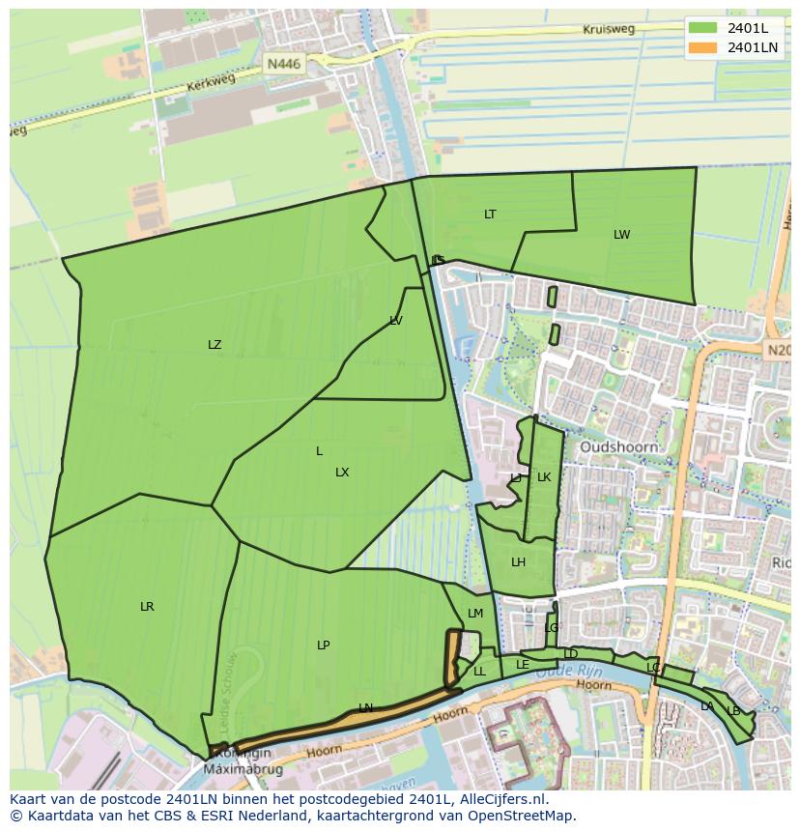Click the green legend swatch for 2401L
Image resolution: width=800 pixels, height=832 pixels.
coord(703,28)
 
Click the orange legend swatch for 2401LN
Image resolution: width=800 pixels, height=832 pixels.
coord(703,47)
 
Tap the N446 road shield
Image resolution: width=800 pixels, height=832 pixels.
coord(284,64)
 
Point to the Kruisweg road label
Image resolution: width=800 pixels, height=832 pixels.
coord(609,29)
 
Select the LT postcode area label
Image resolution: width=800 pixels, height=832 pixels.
coord(490,215)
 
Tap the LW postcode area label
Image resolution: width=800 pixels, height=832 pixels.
coord(621,235)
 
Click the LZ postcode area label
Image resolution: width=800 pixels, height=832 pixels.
coord(214,345)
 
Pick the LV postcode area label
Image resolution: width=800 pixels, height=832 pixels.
coord(396,321)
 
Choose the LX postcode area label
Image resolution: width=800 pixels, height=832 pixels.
coord(342,473)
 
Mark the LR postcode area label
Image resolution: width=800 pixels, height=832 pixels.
coord(147,607)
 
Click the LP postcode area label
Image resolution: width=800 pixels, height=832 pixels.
coord(323,646)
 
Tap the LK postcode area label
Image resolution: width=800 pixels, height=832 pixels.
coord(544,477)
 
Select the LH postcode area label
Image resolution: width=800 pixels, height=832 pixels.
coord(518,562)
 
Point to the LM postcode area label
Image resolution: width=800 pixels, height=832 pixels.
coord(475,614)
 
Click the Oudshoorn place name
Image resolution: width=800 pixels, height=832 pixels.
coord(618,447)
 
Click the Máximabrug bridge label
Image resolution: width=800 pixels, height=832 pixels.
coord(237,769)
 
